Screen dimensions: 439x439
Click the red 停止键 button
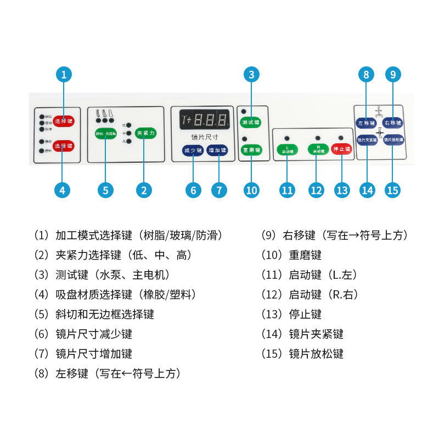[341, 149]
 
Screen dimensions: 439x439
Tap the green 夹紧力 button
[145, 133]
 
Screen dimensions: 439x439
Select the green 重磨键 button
[251, 149]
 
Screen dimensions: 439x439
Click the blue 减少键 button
[192, 150]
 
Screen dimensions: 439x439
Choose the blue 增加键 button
[217, 150]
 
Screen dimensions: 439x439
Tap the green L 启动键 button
[288, 149]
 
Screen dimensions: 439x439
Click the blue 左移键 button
[366, 122]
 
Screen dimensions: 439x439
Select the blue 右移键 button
[393, 122]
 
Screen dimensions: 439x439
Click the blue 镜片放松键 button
[393, 139]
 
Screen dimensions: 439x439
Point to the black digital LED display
[204, 119]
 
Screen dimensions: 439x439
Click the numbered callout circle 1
[64, 75]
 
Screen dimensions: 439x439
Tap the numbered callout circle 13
[342, 190]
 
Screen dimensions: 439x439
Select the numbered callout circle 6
[193, 190]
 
